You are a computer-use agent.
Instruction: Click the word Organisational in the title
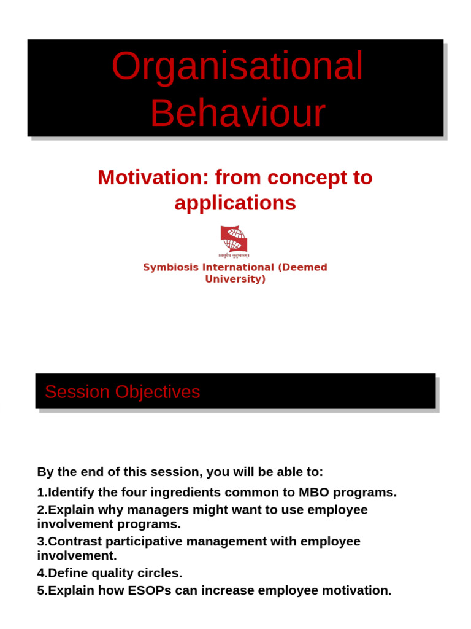pyautogui.click(x=237, y=67)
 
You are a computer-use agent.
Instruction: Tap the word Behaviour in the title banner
pyautogui.click(x=237, y=113)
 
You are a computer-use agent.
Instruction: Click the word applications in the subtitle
pyautogui.click(x=235, y=203)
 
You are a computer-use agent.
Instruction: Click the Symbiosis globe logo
pyautogui.click(x=234, y=240)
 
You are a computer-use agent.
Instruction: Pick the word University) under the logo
pyautogui.click(x=235, y=279)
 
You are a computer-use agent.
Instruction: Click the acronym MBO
pyautogui.click(x=313, y=492)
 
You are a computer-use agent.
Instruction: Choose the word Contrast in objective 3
pyautogui.click(x=74, y=541)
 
